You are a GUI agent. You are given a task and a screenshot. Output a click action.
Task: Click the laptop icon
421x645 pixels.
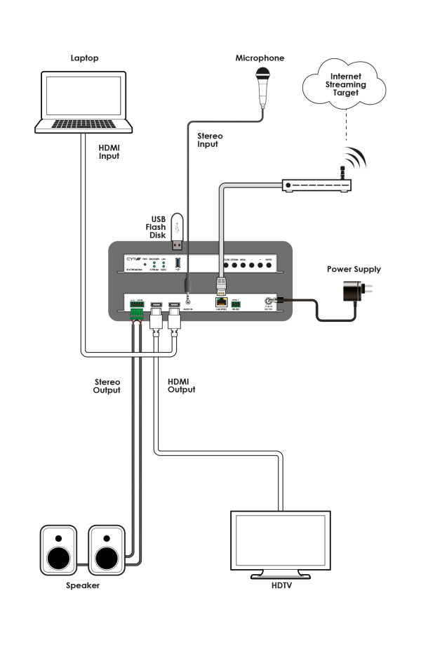84,102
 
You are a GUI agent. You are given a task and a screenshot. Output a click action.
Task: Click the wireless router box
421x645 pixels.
315,185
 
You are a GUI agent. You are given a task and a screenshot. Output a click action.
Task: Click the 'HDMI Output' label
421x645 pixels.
181,385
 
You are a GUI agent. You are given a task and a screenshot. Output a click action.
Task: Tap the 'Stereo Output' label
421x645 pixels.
107,385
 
